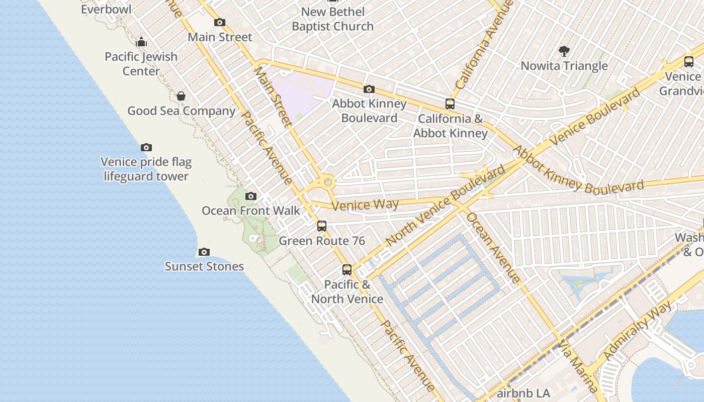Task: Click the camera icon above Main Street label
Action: (220, 22)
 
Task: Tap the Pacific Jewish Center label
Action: (141, 64)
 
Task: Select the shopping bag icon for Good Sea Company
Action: (181, 96)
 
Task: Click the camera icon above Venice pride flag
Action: (146, 147)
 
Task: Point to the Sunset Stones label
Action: (204, 266)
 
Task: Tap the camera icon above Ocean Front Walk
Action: (250, 196)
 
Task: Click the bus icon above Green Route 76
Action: (322, 226)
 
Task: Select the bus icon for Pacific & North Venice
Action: (347, 269)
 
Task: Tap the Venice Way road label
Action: (366, 205)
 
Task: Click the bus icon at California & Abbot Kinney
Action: (450, 104)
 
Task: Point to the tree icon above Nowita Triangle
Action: (564, 51)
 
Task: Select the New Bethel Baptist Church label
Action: (332, 19)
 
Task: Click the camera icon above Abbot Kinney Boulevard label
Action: (369, 89)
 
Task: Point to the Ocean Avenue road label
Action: (493, 248)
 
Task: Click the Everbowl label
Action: (106, 9)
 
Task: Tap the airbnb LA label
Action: (523, 393)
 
